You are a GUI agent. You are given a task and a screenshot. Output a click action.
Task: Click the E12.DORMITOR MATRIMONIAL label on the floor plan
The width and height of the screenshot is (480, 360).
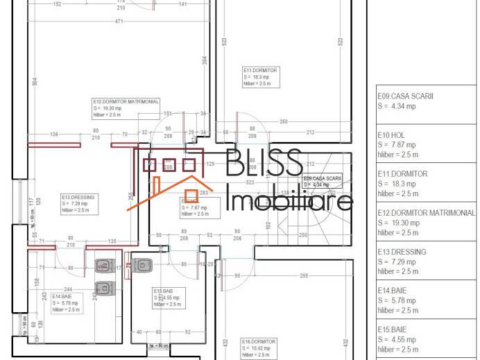[126, 101]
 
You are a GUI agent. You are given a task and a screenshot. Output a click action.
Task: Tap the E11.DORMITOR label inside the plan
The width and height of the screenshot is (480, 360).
[260, 71]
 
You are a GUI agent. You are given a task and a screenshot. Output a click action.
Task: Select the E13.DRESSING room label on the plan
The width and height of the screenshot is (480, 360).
[78, 197]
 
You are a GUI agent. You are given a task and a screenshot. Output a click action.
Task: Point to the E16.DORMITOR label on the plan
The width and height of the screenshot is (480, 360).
[259, 341]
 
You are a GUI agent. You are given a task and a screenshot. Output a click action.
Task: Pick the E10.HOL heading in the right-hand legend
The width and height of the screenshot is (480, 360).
[391, 135]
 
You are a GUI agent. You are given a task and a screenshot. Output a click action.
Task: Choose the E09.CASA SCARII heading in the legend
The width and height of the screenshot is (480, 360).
[405, 96]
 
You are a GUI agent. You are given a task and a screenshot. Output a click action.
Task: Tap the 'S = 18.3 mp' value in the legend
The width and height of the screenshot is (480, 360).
[397, 184]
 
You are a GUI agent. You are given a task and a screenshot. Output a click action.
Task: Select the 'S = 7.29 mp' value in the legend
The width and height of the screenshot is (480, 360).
[397, 262]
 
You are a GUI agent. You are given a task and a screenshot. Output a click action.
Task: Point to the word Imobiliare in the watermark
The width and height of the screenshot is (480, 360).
[291, 202]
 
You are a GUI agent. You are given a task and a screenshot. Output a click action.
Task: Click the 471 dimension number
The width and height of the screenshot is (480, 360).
[119, 22]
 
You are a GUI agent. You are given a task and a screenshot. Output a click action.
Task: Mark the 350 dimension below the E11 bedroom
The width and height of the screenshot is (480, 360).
[283, 121]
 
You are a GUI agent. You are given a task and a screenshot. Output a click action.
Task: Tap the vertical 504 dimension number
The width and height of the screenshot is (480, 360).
[34, 81]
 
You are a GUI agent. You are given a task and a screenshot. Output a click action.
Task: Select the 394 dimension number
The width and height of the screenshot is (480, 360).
[204, 60]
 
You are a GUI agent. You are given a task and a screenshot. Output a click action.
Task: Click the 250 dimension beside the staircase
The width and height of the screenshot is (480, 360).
[302, 235]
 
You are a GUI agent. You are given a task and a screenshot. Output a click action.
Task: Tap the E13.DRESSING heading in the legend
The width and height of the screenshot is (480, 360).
[402, 252]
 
